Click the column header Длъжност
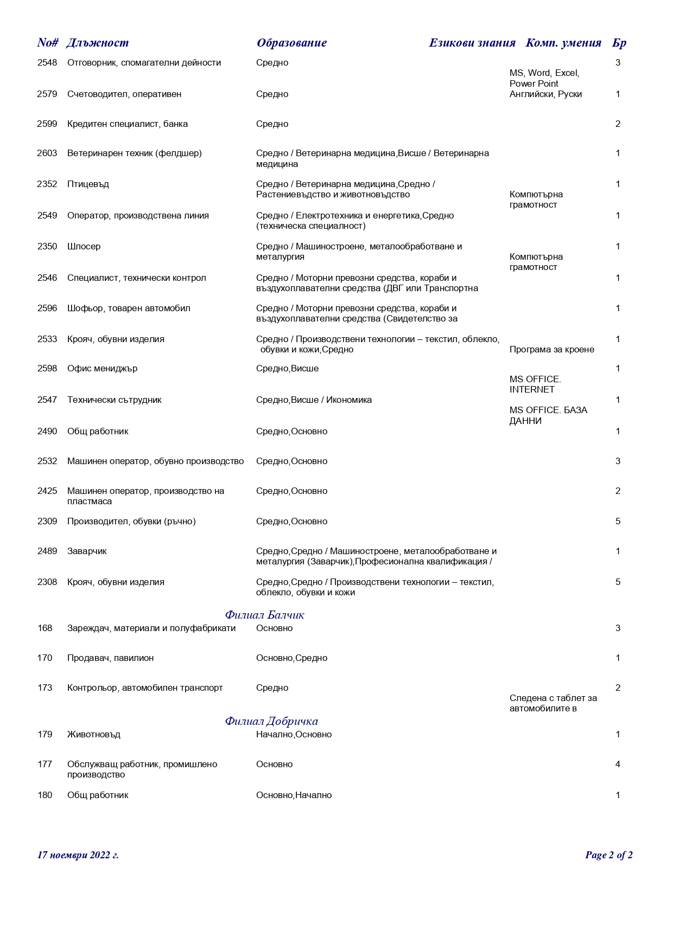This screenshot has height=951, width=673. pos(98,43)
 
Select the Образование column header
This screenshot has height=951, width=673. pos(291,43)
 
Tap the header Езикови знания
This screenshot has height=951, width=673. pos(472,43)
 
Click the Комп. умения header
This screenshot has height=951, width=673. pos(563,43)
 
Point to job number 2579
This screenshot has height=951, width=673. pos(47,94)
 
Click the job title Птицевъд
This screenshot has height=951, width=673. pos(88,184)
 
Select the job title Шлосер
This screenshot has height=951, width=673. pos(84,247)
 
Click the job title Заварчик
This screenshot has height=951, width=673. pos(87,551)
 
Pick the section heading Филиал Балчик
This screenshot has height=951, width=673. pos(264,615)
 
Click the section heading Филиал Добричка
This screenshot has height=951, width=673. pos(271,721)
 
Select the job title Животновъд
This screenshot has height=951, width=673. pos(94,735)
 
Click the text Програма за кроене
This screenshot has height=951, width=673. pos(551,350)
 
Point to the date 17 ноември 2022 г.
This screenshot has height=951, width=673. pos(78,855)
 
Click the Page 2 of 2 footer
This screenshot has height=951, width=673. pos(608,855)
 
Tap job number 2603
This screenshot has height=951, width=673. pos(47,153)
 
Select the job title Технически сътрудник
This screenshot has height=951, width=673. pos(115,400)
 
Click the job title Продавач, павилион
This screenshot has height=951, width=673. pos(110,658)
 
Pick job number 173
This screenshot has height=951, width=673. pos(45,688)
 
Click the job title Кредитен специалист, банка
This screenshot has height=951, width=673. pos(128,124)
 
